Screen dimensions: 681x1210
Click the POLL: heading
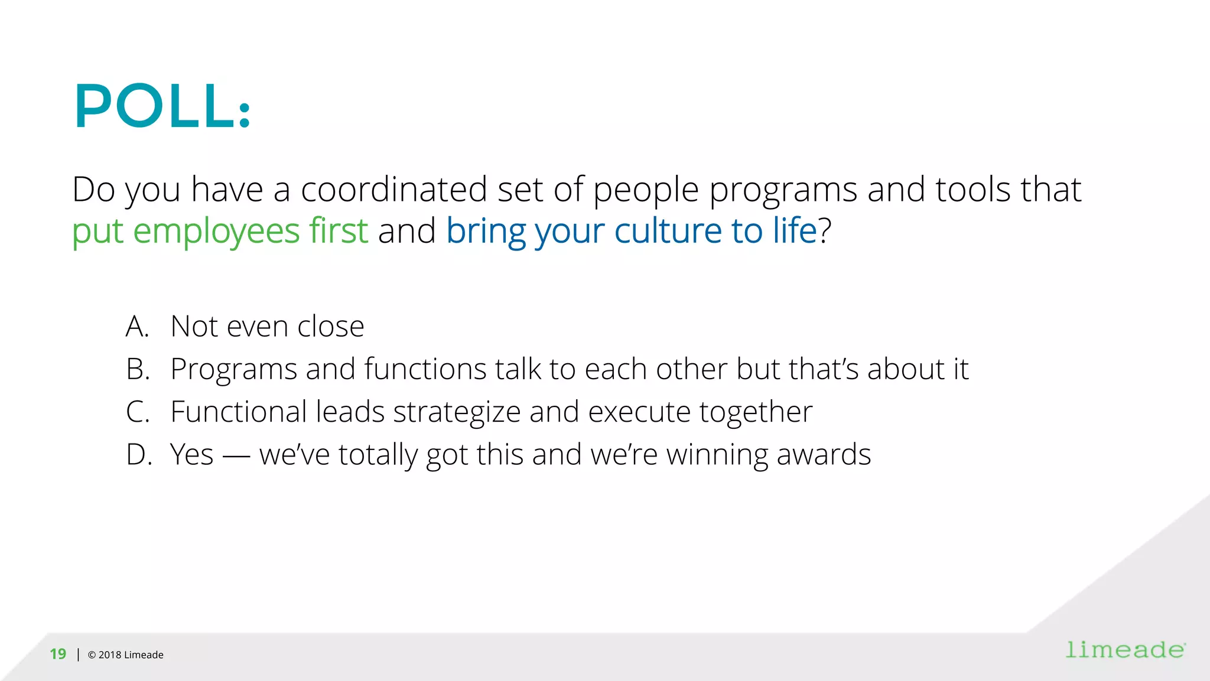[x=162, y=106]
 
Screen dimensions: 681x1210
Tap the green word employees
[x=216, y=231]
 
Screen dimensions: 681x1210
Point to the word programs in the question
[x=783, y=191]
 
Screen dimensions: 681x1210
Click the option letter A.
[x=137, y=326]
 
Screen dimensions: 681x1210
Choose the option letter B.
[x=137, y=369]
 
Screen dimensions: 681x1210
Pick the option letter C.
[x=137, y=412]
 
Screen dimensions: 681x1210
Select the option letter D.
[x=138, y=454]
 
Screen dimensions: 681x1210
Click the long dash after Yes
[x=236, y=456]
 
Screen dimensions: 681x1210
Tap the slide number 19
[x=58, y=654]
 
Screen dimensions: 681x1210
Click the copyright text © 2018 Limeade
[x=125, y=654]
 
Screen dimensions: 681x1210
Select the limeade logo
[x=1125, y=650]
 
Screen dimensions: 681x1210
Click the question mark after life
[x=825, y=230]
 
